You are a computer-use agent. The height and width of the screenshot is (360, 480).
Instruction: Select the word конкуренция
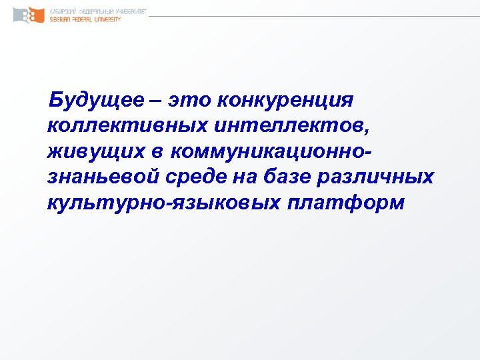click(x=291, y=101)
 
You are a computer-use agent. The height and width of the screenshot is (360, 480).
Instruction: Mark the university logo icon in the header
click(x=27, y=15)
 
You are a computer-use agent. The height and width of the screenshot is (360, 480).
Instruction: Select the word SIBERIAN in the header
click(x=62, y=20)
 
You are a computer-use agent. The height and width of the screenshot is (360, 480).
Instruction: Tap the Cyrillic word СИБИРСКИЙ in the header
click(x=64, y=11)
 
